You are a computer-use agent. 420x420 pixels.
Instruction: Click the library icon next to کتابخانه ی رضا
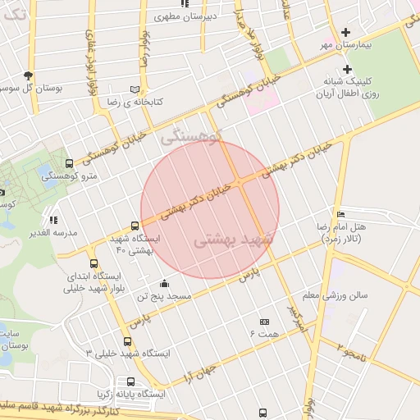[134, 89]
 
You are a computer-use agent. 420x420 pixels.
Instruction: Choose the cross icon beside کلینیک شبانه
[348, 69]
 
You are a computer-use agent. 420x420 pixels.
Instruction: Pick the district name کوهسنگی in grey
[192, 137]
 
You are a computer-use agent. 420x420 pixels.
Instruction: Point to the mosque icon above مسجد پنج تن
[164, 283]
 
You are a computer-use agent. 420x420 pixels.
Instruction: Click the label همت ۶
[264, 333]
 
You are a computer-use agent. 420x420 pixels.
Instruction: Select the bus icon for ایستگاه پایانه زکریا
[130, 382]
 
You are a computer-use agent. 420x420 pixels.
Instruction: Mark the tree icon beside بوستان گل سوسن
[29, 75]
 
